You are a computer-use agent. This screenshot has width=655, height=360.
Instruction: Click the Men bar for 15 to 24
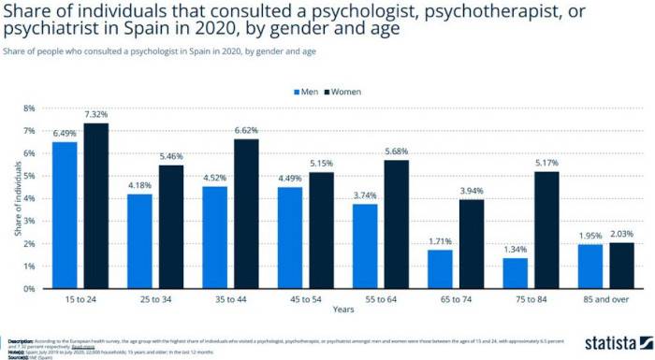(x=65, y=215)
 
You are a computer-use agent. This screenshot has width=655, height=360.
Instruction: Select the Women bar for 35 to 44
(x=246, y=213)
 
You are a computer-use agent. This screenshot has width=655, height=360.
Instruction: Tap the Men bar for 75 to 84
(x=515, y=273)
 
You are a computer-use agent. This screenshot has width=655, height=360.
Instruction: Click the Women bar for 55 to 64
(x=396, y=224)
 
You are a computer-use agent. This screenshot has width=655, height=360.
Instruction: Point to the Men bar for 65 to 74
(x=440, y=268)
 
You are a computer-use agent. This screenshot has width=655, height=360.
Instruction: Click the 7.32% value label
(x=96, y=115)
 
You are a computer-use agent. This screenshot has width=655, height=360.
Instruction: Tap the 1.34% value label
(x=515, y=250)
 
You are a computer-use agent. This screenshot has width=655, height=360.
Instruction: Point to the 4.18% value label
(x=139, y=185)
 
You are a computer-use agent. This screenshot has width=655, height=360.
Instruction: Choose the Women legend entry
(x=344, y=92)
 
